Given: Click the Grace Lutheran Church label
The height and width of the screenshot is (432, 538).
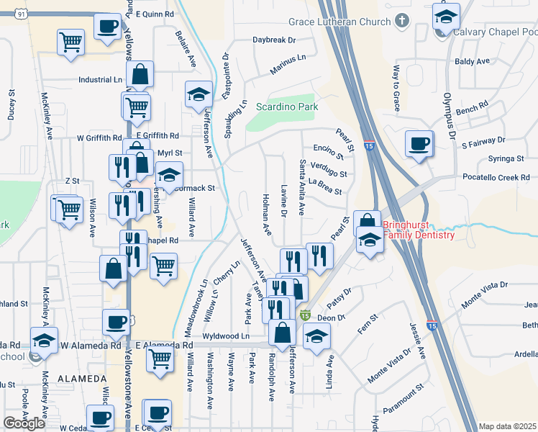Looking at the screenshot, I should point(339,21).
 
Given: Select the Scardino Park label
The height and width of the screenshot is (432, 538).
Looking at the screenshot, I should point(287,107).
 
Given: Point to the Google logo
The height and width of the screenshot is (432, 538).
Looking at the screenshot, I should point(24,423).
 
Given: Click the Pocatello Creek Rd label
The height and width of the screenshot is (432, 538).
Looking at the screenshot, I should point(496,177).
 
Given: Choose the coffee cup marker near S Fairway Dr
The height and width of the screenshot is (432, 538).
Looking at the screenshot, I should point(419,143).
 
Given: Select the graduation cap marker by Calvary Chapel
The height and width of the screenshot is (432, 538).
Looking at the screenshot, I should point(446,17).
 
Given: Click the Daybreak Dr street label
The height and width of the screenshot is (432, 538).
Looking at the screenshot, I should point(273,40).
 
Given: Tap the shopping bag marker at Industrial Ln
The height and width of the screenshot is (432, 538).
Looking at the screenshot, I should point(140,73).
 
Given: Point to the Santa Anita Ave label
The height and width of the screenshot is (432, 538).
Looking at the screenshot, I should point(302,187).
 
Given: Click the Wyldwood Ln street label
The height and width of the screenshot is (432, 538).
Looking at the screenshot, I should point(225,336).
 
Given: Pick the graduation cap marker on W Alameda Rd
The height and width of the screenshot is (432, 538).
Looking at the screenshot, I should point(44,340).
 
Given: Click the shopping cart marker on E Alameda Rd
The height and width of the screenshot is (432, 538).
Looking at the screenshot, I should point(160,359).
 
